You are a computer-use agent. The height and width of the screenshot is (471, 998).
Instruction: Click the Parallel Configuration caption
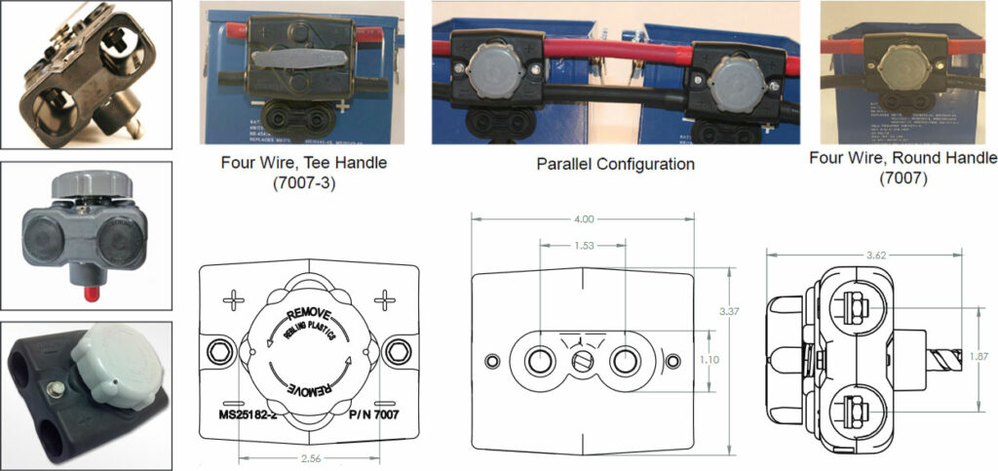point(616,164)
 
